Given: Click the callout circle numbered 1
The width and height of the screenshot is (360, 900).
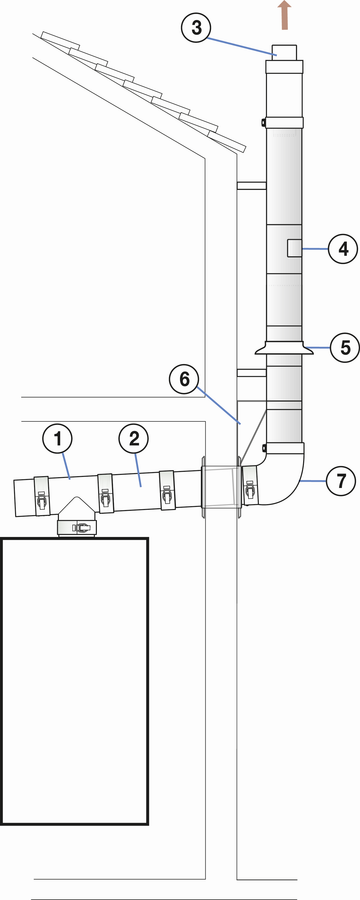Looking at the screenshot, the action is tap(57, 440).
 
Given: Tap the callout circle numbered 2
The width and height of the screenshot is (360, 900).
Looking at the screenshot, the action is tap(133, 439).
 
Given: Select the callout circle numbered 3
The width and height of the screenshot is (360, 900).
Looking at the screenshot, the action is tap(196, 29).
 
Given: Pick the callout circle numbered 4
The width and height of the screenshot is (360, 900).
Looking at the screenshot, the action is tap(343, 249).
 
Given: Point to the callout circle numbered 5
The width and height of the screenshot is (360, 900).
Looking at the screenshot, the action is tap(344, 348).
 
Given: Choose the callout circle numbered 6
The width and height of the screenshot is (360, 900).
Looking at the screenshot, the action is tap(184, 379).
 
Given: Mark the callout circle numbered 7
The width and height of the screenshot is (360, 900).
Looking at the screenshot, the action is tap(340, 481).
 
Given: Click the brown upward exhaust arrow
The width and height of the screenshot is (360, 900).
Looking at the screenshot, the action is tap(284, 15).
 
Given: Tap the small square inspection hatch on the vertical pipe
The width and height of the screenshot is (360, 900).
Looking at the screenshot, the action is tap(293, 249).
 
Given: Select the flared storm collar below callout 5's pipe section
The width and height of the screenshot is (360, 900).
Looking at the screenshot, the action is tap(284, 348).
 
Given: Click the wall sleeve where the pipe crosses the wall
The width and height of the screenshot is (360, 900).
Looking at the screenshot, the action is tap(220, 488).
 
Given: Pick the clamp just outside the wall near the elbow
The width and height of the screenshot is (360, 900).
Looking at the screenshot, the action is tap(249, 486).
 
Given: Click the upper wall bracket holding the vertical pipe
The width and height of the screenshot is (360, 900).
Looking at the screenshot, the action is tap(251, 185).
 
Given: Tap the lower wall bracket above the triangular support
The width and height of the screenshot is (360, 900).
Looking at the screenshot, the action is tap(251, 373).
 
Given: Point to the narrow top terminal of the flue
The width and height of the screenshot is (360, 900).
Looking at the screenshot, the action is tap(284, 52).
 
